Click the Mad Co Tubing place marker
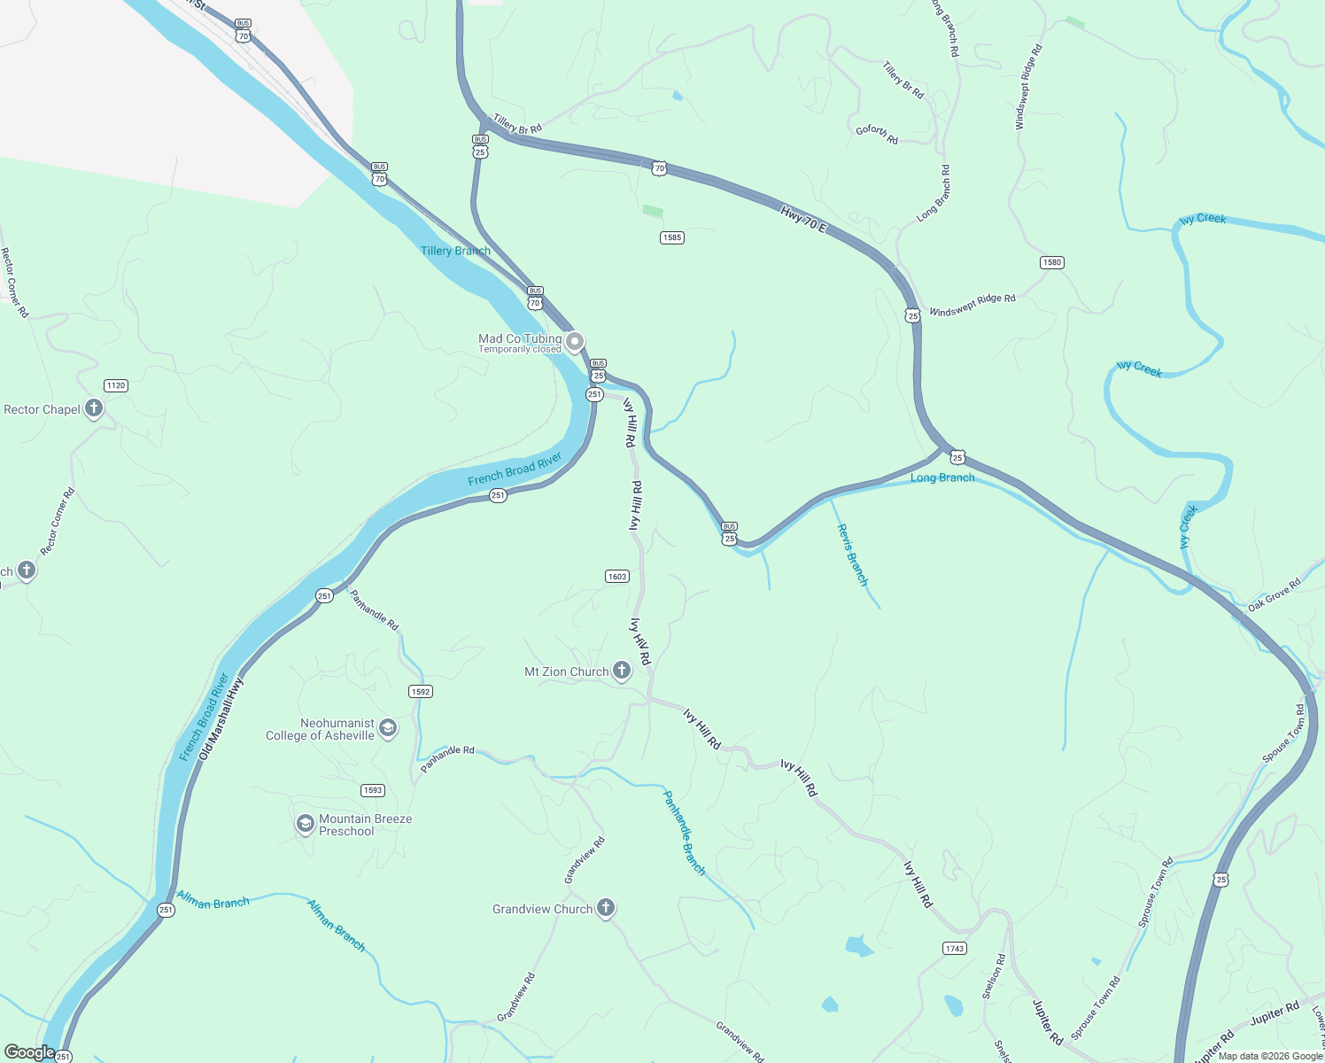[x=575, y=341]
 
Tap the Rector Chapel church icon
[x=94, y=409]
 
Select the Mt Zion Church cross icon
[x=622, y=671]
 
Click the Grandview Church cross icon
[x=606, y=908]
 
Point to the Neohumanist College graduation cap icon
[x=387, y=728]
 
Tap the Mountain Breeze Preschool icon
[x=305, y=825]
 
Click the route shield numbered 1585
[x=672, y=237]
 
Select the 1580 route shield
[x=1051, y=262]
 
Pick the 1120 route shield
[x=115, y=385]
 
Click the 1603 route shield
[x=617, y=577]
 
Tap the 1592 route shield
[x=421, y=692]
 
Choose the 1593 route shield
[x=373, y=790]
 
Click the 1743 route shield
[x=954, y=949]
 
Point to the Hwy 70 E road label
[x=802, y=219]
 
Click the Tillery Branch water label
[x=455, y=251]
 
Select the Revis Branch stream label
[x=852, y=555]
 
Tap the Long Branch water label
[x=942, y=477]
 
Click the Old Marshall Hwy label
[x=221, y=718]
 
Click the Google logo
[x=29, y=1052]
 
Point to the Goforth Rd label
[x=877, y=135]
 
